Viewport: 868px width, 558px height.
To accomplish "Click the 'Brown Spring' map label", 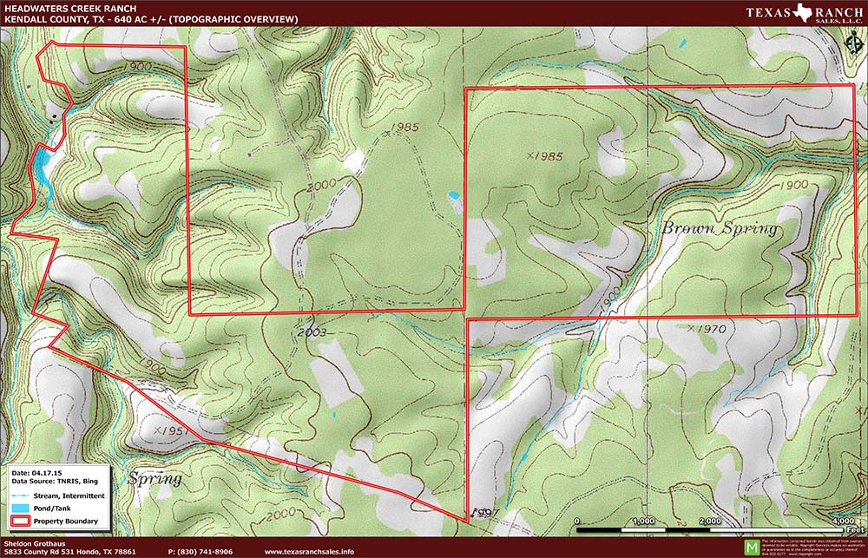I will [x=720, y=230].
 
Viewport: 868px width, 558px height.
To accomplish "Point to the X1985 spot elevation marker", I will [x=544, y=156].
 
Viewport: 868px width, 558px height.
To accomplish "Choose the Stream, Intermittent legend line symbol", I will [x=22, y=496].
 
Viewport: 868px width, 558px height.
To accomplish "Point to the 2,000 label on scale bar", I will [x=708, y=521].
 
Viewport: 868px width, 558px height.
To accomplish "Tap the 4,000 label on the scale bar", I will [x=839, y=521].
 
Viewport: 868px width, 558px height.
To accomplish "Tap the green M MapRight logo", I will [x=751, y=545].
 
